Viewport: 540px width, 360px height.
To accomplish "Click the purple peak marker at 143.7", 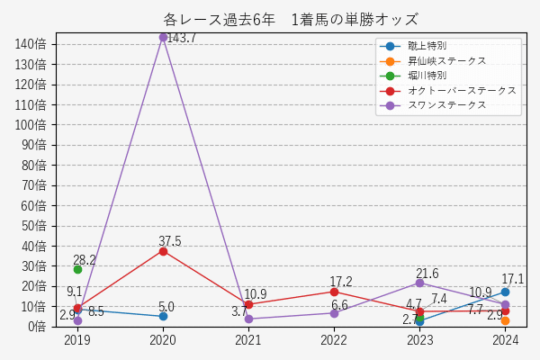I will point(163,37).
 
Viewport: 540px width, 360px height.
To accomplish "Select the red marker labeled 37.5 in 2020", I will point(163,251).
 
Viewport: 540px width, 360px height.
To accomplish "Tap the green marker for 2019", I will point(77,269).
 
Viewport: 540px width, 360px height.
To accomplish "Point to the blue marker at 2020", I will point(163,316).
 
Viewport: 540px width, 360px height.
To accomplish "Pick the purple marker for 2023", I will point(419,283).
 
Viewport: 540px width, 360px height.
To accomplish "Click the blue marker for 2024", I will point(505,292).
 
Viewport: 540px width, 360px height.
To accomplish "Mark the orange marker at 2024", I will point(505,320).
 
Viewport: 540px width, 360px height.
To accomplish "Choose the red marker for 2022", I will point(334,292).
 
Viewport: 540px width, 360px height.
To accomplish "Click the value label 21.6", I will point(427,274).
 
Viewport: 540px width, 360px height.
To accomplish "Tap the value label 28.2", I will point(85,260).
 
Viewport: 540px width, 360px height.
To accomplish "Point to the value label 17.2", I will point(341,282).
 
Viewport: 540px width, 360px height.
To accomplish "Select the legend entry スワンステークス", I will point(446,105).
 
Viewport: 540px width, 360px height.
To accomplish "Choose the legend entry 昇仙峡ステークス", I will point(446,60).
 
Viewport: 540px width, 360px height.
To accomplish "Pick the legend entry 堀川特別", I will point(427,76).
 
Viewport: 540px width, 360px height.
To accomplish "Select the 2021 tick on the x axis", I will point(248,340).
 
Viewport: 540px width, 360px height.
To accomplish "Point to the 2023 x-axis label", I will point(419,340).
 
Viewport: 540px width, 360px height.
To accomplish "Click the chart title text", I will point(291,19).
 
